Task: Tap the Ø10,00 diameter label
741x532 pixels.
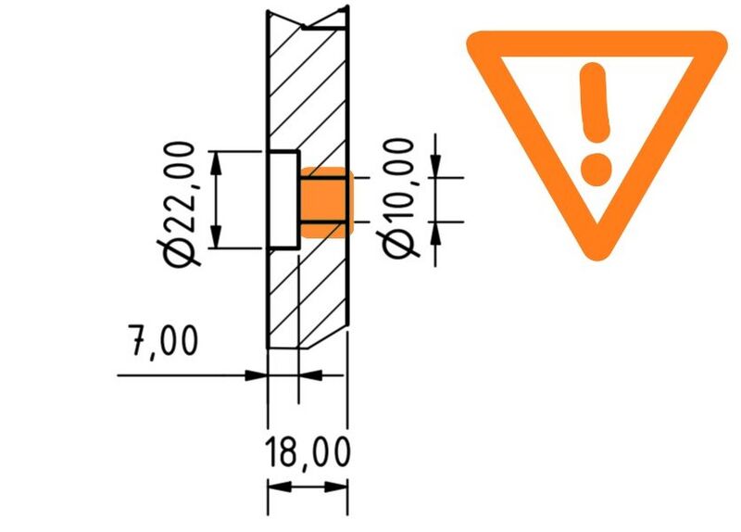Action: point(397,198)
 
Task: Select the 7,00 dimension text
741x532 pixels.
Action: point(163,341)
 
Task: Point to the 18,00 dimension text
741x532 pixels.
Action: point(308,452)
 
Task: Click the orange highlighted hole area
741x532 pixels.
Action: point(327,202)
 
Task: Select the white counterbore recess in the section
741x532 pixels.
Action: point(283,199)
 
